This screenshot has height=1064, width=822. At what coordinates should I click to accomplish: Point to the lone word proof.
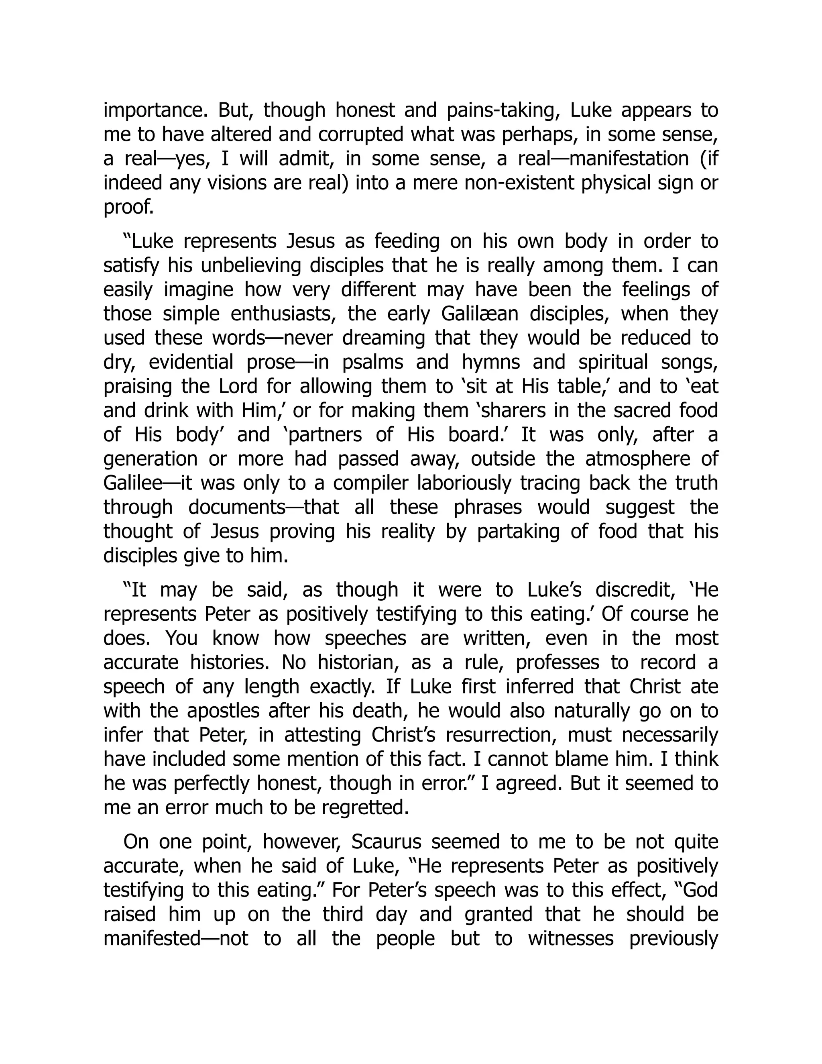[x=128, y=208]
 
